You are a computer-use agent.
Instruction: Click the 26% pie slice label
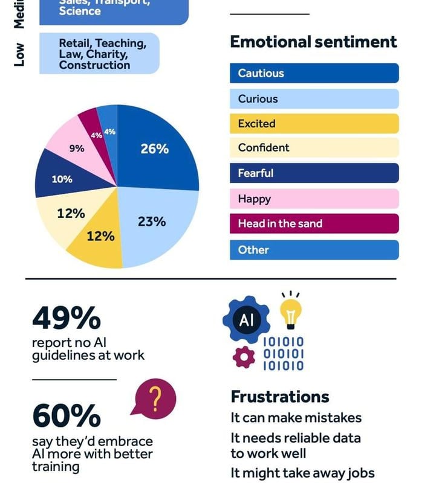(154, 149)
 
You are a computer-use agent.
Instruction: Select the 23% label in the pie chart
(151, 222)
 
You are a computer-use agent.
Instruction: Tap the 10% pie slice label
(62, 179)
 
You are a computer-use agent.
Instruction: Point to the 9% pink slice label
(77, 148)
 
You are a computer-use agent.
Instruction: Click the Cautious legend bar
(314, 74)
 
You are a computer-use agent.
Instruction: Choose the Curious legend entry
(314, 99)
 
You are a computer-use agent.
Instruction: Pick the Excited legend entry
(314, 124)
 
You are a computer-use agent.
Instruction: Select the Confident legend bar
(314, 148)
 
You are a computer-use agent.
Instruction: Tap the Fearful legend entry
(314, 173)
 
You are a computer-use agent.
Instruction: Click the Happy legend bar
(314, 199)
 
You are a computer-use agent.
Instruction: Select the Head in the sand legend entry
(314, 223)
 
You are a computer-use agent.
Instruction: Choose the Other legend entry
(314, 250)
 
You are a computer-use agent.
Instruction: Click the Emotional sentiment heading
(313, 42)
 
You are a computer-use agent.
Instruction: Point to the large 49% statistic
(66, 318)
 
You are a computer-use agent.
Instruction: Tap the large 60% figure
(66, 415)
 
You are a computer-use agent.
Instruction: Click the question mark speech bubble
(155, 399)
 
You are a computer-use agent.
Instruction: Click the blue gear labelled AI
(246, 319)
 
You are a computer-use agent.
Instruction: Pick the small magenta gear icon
(244, 357)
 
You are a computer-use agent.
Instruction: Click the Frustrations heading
(280, 397)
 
